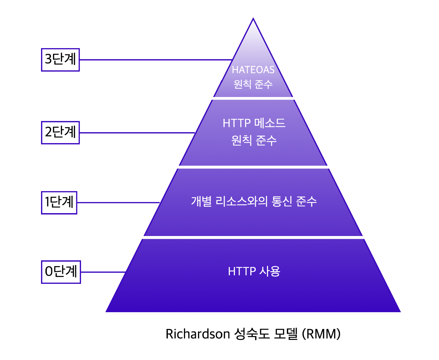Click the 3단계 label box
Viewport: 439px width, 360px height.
[60, 60]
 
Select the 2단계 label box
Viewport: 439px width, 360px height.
[60, 133]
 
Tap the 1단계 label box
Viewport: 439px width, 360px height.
[59, 203]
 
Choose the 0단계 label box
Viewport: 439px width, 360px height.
[61, 272]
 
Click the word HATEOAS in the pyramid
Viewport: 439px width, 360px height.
[253, 70]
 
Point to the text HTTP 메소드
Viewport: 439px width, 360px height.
[254, 123]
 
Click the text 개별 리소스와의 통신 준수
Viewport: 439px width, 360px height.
[254, 201]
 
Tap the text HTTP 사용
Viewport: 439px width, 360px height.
[254, 271]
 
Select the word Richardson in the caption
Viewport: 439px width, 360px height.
[197, 334]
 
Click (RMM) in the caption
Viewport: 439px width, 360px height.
[321, 334]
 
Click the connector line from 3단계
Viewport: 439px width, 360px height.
[156, 60]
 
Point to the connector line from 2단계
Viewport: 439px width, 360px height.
[137, 133]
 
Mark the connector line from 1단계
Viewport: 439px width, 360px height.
[118, 203]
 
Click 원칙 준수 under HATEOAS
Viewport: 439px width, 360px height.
[253, 84]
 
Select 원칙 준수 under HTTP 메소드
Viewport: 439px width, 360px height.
[254, 140]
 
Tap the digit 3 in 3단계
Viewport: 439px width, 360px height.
[48, 59]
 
